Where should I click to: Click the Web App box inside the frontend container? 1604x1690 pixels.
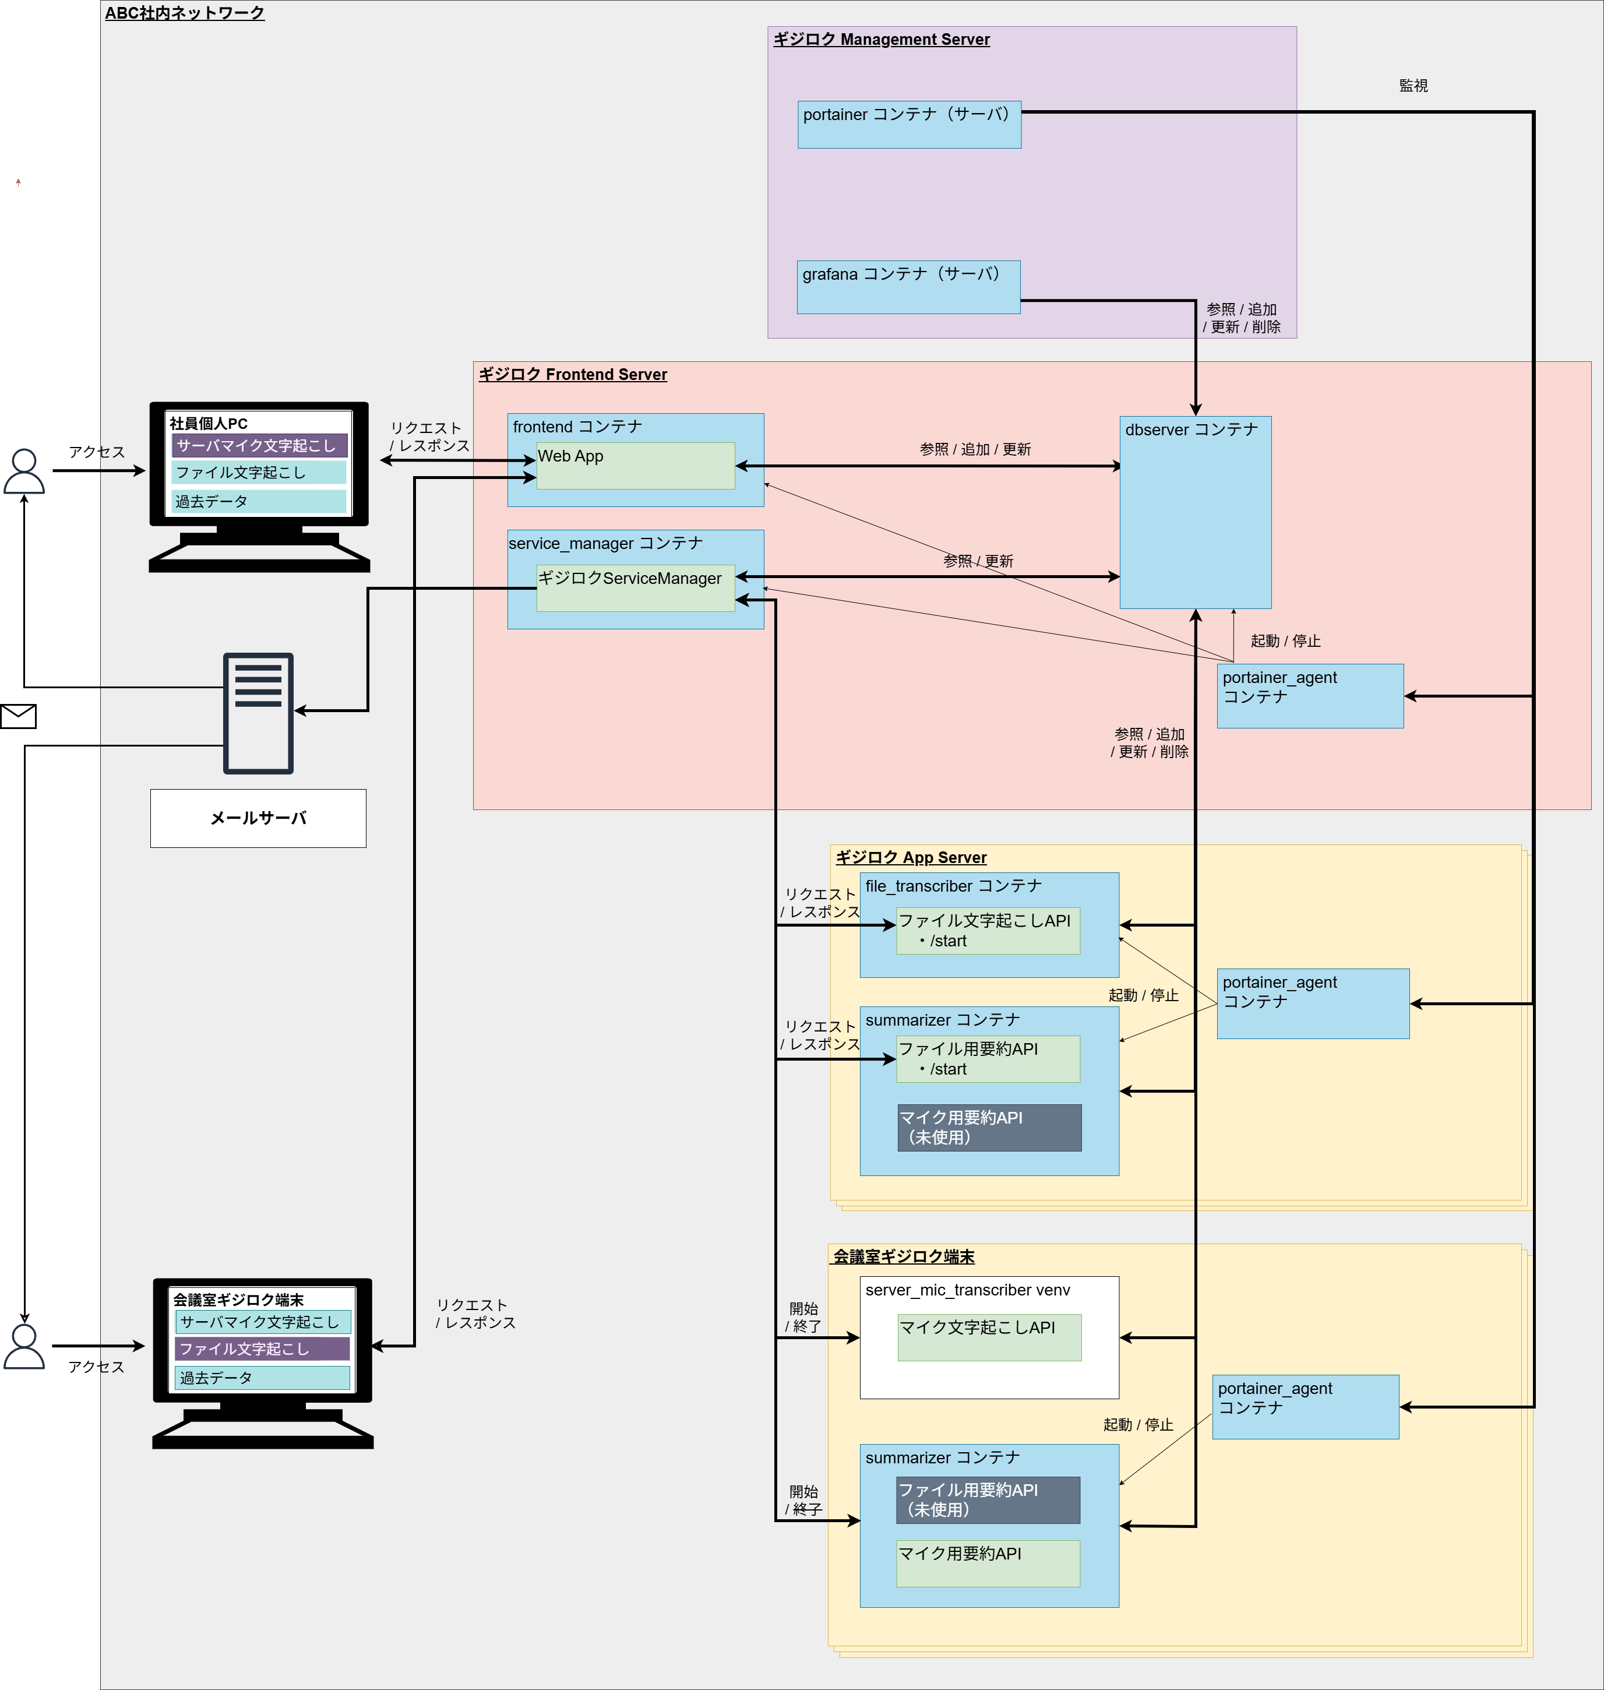[635, 466]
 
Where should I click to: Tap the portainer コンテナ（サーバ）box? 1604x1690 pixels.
[909, 125]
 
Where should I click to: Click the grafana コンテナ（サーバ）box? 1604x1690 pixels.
[908, 287]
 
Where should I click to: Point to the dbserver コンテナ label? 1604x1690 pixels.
[1191, 429]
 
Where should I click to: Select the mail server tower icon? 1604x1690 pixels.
[258, 713]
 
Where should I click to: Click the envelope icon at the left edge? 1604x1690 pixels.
[18, 716]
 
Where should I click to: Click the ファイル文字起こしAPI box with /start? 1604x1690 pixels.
[988, 931]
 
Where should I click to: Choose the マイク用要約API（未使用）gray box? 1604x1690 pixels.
[989, 1127]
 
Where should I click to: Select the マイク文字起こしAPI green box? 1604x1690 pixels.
[989, 1337]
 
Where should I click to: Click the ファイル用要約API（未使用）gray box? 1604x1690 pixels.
[988, 1499]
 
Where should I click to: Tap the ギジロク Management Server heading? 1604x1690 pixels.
[881, 40]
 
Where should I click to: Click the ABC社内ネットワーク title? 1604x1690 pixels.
[185, 13]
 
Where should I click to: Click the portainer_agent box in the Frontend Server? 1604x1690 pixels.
[1309, 696]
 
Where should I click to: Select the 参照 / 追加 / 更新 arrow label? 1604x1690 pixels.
[975, 449]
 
